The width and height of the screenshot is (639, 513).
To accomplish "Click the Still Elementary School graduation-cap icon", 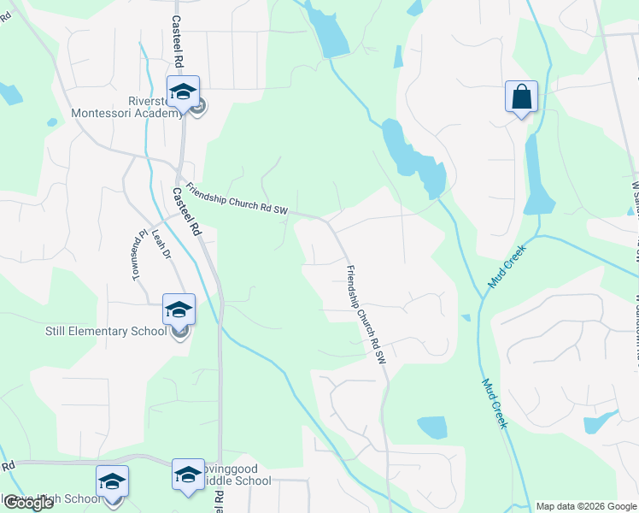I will tap(179, 309).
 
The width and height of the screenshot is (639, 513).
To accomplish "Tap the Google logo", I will tap(27, 503).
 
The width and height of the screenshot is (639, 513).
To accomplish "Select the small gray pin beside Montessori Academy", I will tap(198, 107).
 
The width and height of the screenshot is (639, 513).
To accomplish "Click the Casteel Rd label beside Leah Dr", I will tap(185, 212).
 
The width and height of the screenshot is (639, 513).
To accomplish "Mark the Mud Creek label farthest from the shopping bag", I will tap(495, 404).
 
